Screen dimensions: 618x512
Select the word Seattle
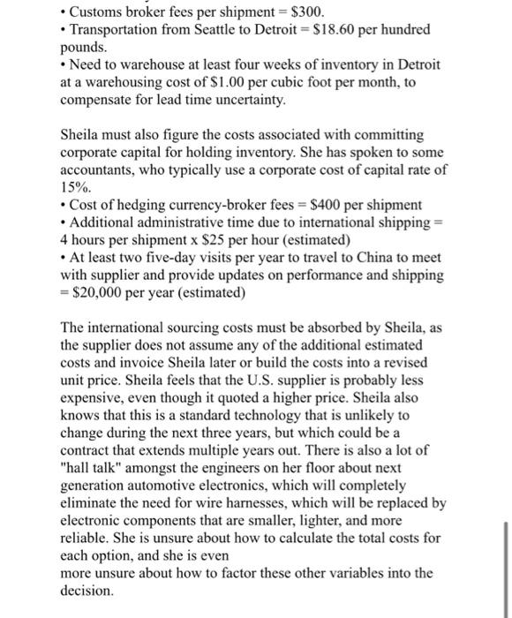tap(218, 30)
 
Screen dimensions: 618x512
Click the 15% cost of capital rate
tap(74, 187)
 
